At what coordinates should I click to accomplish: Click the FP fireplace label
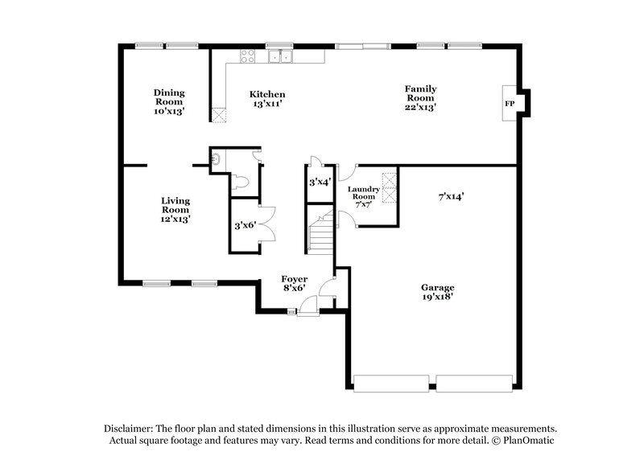coord(509,105)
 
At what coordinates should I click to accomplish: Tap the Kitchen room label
coord(267,95)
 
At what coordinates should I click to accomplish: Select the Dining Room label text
coord(169,97)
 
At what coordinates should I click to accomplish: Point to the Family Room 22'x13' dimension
coord(420,107)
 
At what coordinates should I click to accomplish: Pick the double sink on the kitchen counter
coord(280,56)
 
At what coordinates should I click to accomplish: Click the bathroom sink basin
coord(216,159)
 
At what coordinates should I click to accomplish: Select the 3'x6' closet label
coord(245,226)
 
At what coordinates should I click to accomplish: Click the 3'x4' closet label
coord(320,183)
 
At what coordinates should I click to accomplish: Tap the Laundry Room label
coord(361,192)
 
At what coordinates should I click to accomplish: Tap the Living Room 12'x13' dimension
coord(175,219)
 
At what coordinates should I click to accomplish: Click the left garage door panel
coord(391,384)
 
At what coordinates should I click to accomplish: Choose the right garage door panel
coord(474,384)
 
